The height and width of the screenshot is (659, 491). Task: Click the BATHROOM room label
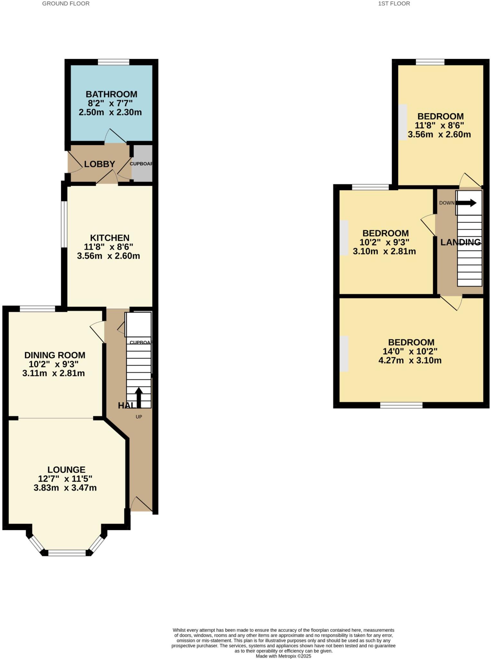coord(111,94)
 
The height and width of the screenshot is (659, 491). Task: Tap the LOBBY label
coord(99,164)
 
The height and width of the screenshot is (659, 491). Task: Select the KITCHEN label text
coord(110,238)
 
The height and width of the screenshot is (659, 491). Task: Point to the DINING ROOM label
coord(55,355)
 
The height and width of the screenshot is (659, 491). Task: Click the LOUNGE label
coord(66,470)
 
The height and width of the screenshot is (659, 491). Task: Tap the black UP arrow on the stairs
coord(139,397)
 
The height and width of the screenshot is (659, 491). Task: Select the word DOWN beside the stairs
coord(447,203)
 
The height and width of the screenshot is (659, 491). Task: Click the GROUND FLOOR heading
coord(66,4)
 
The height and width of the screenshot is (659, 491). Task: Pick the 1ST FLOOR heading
coord(394,4)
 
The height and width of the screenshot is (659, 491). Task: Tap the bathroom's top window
coord(114,62)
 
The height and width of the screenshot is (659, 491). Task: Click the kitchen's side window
coord(64,224)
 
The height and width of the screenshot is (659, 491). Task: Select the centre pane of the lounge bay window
coord(67,553)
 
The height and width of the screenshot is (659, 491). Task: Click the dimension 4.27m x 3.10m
coord(410,360)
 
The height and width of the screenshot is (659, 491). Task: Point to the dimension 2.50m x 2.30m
coord(110,112)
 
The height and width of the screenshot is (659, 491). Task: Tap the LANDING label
coord(460,242)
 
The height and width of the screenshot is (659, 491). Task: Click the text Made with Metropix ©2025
coord(283,656)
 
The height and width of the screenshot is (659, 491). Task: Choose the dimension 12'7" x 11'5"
coord(65,479)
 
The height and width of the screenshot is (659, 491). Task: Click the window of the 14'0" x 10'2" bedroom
coord(401,405)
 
